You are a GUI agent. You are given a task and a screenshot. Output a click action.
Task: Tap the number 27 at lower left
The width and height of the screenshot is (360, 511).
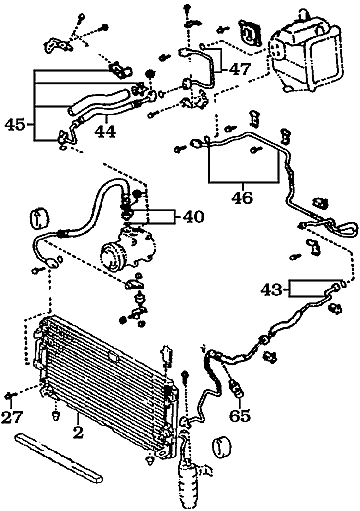(12, 416)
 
